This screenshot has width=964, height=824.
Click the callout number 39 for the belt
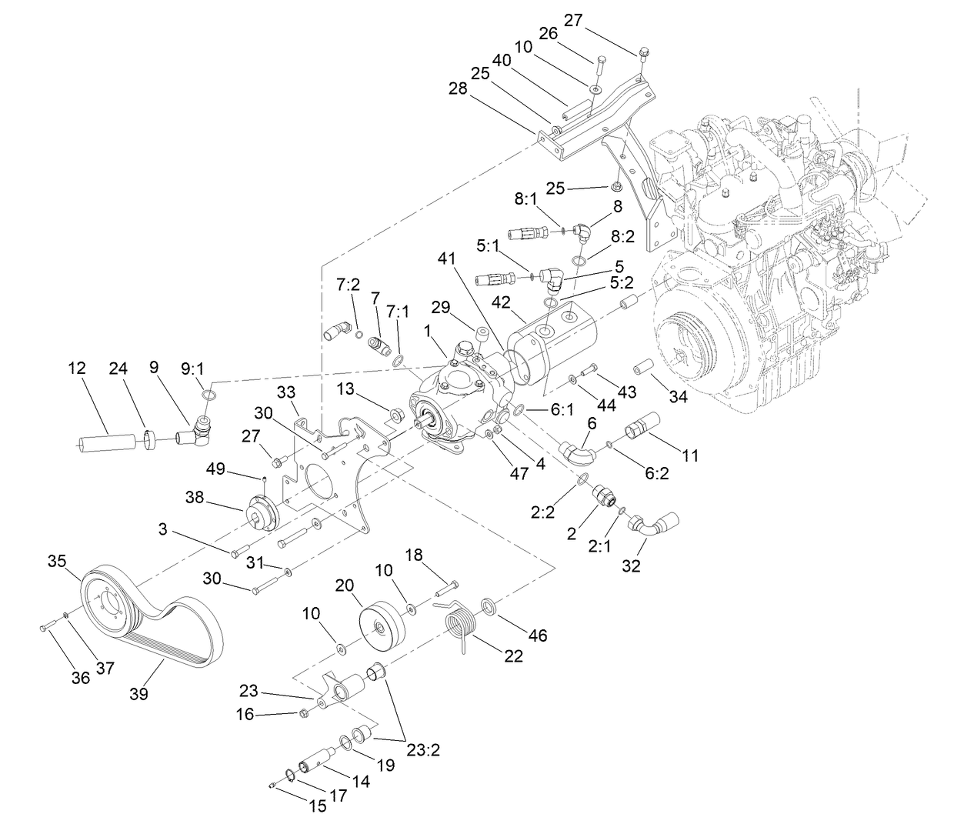click(x=139, y=693)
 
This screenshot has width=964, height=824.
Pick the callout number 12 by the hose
click(x=77, y=369)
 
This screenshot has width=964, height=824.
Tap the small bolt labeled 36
click(x=45, y=627)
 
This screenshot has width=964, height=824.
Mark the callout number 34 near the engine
click(x=678, y=397)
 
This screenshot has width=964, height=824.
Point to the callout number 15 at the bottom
click(x=318, y=806)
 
